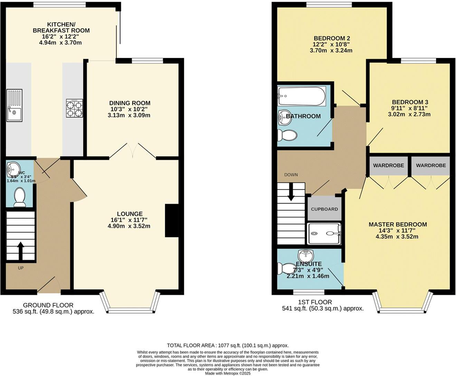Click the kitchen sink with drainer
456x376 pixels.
click(x=14, y=105)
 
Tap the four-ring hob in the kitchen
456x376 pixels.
click(x=74, y=109)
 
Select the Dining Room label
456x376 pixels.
click(x=130, y=103)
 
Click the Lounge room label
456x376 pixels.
click(x=130, y=214)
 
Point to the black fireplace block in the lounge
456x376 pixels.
click(x=172, y=220)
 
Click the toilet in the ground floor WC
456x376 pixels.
click(x=19, y=197)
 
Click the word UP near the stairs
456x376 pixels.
click(x=21, y=268)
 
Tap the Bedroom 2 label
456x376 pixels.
click(x=330, y=38)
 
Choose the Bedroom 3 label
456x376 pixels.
click(x=410, y=102)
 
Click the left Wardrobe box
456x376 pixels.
click(x=388, y=166)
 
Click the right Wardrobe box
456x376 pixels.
click(x=431, y=166)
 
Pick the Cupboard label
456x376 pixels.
click(x=324, y=209)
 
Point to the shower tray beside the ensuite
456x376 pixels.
click(x=324, y=234)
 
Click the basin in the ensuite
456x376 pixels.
click(x=305, y=256)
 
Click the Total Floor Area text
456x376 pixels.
click(x=228, y=345)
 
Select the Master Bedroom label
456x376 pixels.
click(x=397, y=224)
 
